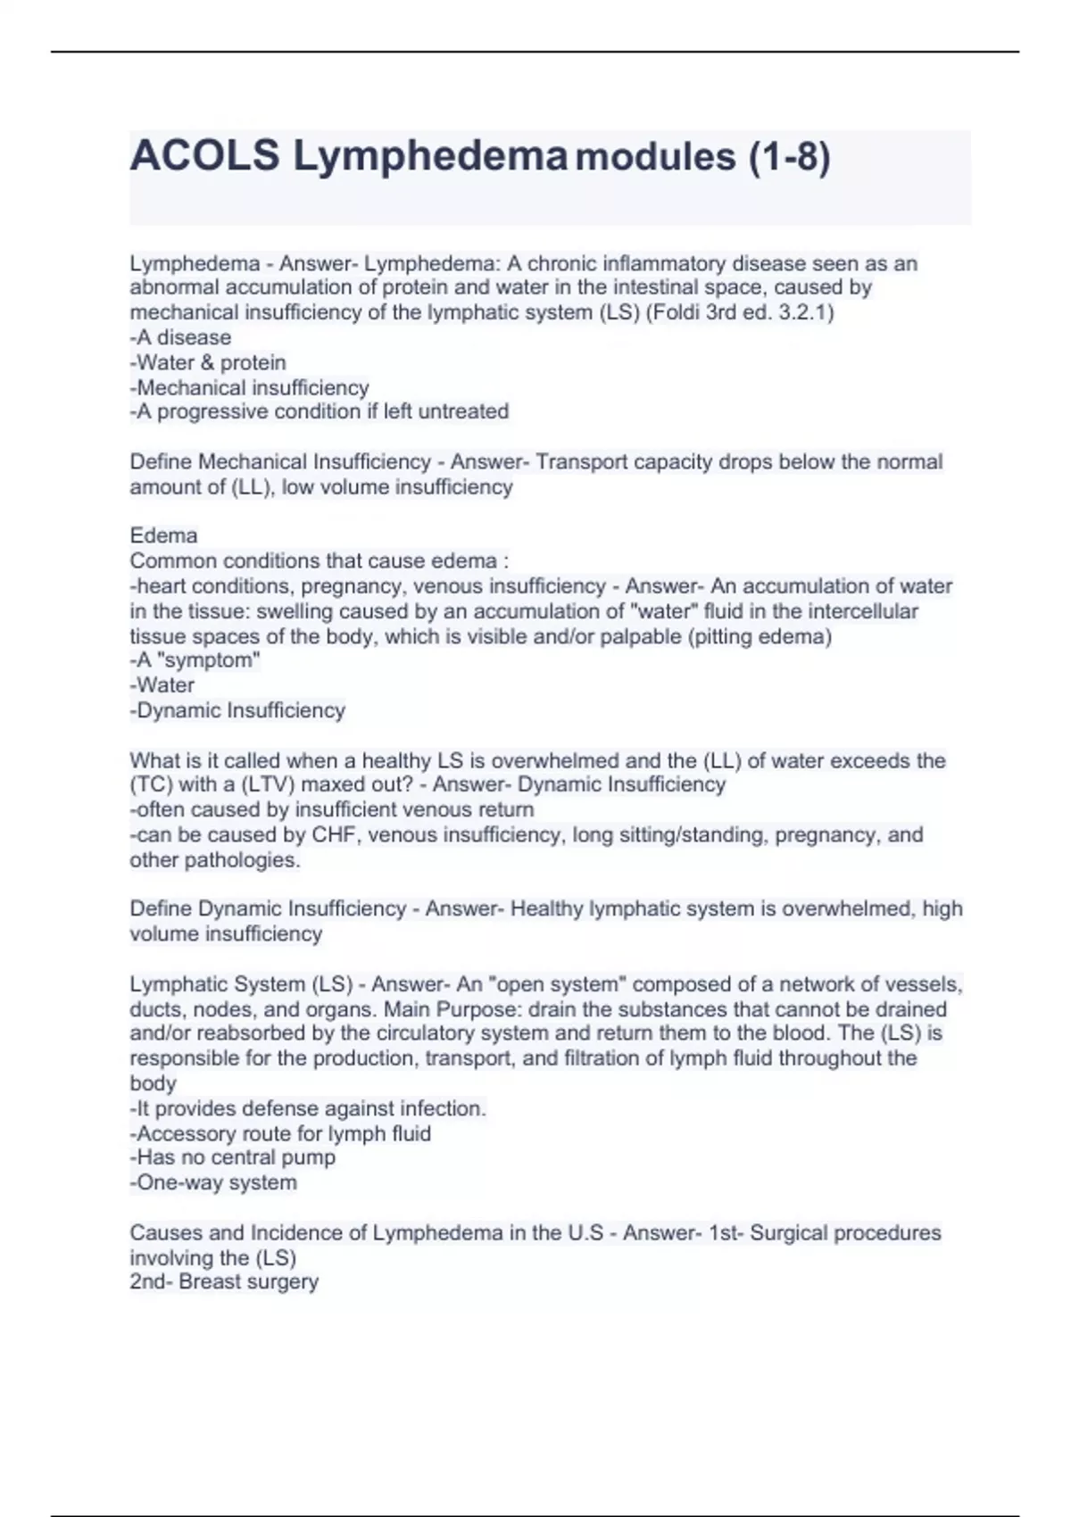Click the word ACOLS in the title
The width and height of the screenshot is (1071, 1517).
click(x=204, y=156)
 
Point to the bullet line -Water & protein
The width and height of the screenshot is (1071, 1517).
click(x=208, y=362)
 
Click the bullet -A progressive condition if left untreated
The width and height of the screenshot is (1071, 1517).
click(x=319, y=411)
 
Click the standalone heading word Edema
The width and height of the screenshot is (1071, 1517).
click(x=163, y=535)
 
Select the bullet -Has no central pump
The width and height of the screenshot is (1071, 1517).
click(x=232, y=1157)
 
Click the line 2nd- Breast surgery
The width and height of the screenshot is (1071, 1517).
click(x=224, y=1281)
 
